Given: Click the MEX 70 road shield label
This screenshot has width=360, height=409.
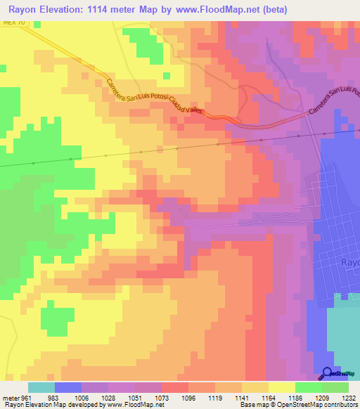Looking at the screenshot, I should (x=13, y=23).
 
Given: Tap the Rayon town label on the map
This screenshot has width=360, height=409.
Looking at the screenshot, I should (x=349, y=262).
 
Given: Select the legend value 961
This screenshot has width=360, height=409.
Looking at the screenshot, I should (x=27, y=397).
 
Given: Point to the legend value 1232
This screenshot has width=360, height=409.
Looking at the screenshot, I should (x=349, y=397).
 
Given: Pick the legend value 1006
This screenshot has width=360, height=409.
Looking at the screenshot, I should (x=81, y=397).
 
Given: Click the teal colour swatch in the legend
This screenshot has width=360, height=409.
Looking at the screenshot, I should (x=41, y=387).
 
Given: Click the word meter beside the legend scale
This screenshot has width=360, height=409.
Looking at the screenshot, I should (x=10, y=397).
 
